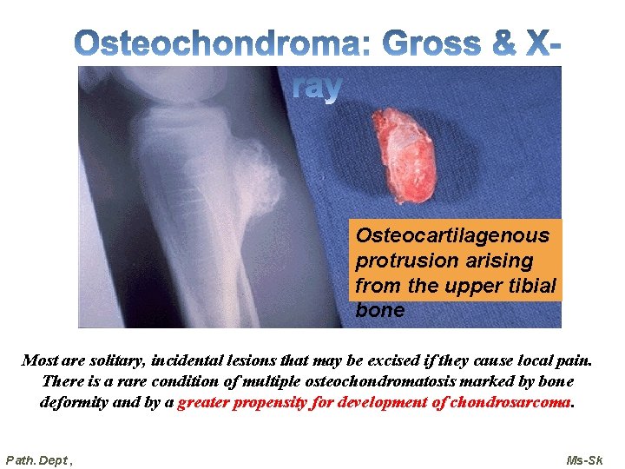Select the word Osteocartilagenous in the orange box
[452, 235]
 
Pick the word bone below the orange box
[380, 310]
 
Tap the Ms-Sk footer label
[584, 459]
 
